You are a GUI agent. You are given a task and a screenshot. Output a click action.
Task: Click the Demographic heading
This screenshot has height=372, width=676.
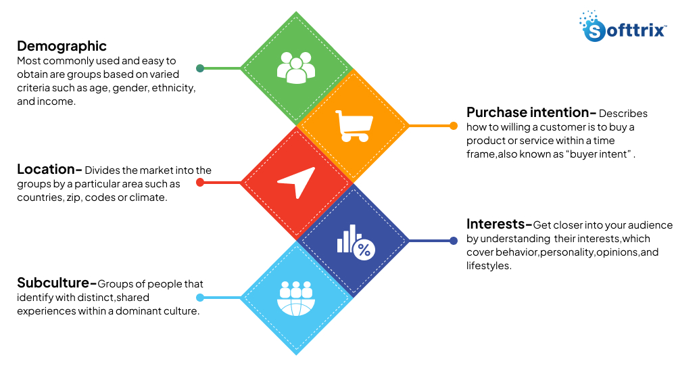click(62, 46)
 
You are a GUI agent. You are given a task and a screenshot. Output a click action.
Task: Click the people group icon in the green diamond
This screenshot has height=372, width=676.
click(296, 68)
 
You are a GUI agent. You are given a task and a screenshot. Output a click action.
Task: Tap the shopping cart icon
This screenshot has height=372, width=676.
click(354, 126)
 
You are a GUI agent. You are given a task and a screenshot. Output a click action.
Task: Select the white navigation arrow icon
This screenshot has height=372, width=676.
click(296, 182)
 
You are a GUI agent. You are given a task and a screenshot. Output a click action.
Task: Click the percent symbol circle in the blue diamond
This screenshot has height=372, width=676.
click(364, 251)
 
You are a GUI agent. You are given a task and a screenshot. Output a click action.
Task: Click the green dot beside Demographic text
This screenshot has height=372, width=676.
click(200, 68)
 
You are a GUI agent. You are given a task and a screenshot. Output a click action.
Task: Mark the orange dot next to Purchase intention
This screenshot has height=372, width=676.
click(454, 126)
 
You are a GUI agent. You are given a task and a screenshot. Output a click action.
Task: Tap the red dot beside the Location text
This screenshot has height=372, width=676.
click(200, 183)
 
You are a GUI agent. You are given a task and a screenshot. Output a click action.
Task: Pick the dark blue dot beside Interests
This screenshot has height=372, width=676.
click(454, 241)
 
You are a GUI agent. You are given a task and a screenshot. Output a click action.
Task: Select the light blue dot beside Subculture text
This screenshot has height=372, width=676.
click(200, 298)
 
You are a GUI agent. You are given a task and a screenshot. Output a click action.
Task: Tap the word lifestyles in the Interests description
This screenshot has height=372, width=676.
click(489, 266)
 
